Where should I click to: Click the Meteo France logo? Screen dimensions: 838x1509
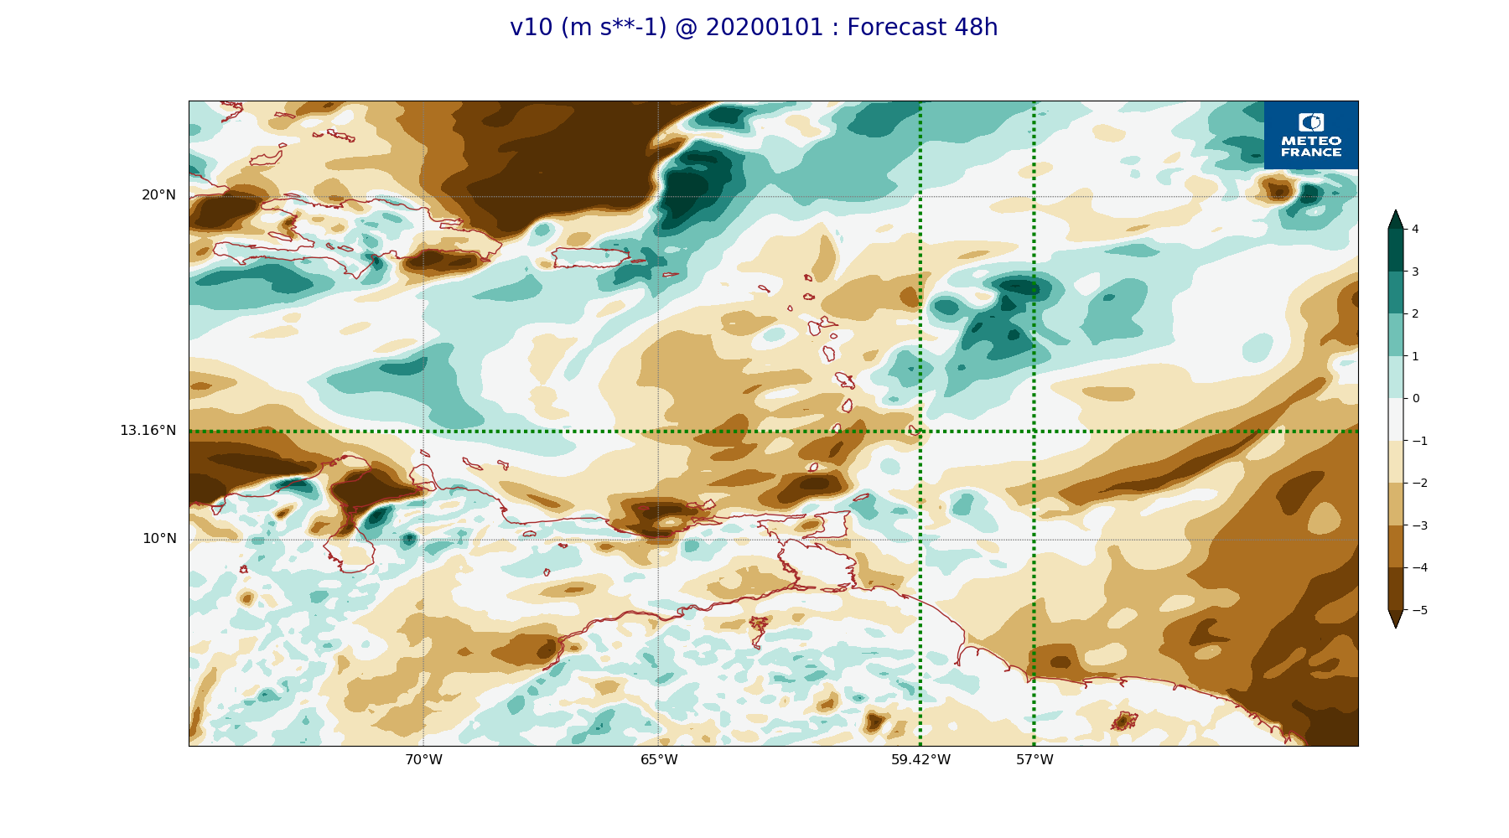pyautogui.click(x=1311, y=135)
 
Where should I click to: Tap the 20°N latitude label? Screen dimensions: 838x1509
pyautogui.click(x=158, y=195)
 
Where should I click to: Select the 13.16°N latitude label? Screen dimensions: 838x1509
pyautogui.click(x=148, y=431)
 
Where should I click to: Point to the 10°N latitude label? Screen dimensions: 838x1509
pyautogui.click(x=159, y=539)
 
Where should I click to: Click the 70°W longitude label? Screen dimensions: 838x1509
pyautogui.click(x=423, y=760)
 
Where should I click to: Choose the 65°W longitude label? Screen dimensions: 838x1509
pyautogui.click(x=659, y=760)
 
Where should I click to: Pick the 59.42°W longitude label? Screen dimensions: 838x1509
pyautogui.click(x=920, y=760)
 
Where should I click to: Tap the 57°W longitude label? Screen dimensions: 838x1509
pyautogui.click(x=1035, y=760)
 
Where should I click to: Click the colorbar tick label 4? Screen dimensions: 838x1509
pyautogui.click(x=1415, y=229)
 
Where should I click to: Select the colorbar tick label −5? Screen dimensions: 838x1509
pyautogui.click(x=1419, y=610)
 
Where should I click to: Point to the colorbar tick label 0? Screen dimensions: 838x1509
pyautogui.click(x=1416, y=398)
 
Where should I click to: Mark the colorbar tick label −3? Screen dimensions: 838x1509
pyautogui.click(x=1419, y=525)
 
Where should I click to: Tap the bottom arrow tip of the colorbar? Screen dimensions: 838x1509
pyautogui.click(x=1396, y=626)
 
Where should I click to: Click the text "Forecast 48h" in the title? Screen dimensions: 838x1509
pyautogui.click(x=922, y=28)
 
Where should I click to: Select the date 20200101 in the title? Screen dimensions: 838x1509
pyautogui.click(x=765, y=28)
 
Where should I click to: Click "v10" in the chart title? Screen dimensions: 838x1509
pyautogui.click(x=532, y=28)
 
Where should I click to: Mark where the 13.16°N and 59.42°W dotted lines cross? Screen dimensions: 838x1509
pyautogui.click(x=920, y=432)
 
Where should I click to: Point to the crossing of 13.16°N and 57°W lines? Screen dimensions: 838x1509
pyautogui.click(x=1035, y=432)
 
